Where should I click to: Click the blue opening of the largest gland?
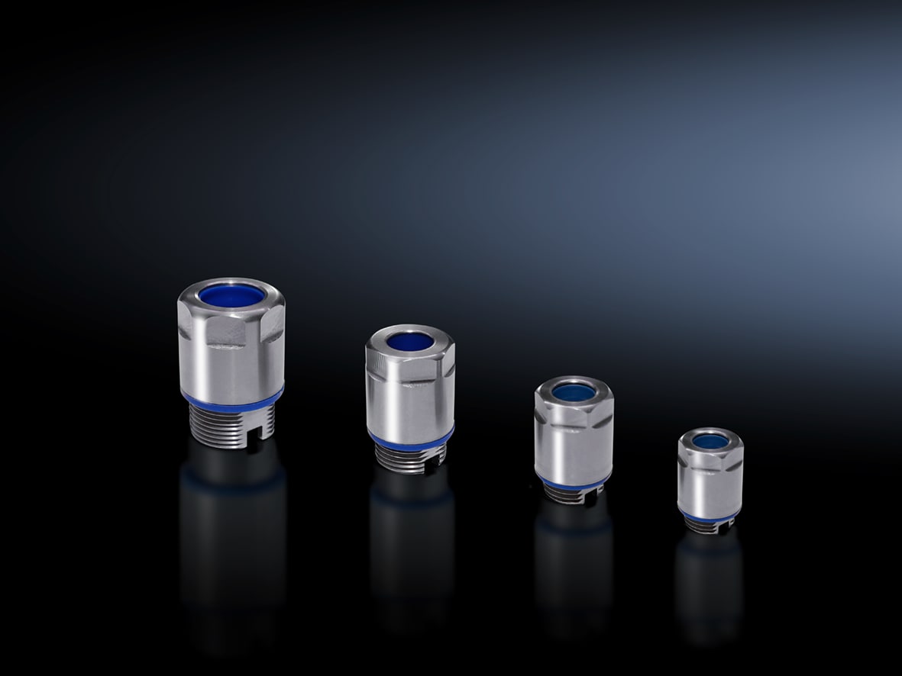(232, 295)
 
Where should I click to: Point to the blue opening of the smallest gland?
(710, 441)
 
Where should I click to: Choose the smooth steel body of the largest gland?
(231, 366)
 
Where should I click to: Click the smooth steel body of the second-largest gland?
(410, 404)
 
